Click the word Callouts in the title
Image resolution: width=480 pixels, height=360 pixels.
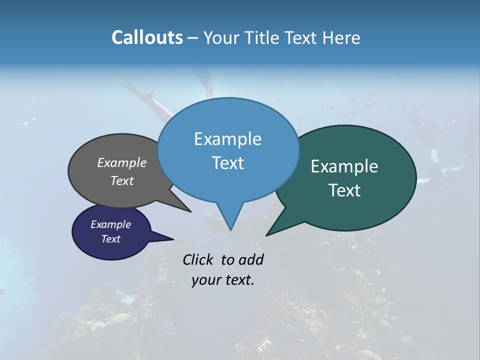click(x=147, y=37)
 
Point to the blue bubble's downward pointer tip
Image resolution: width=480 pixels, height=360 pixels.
click(x=230, y=229)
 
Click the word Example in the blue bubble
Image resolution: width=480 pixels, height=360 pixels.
click(x=227, y=139)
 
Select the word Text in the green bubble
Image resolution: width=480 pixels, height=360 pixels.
click(x=345, y=190)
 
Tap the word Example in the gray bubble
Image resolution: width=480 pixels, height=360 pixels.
click(x=121, y=162)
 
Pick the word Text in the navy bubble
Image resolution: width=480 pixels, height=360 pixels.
click(x=111, y=239)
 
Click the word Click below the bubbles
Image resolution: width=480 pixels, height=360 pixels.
click(x=199, y=259)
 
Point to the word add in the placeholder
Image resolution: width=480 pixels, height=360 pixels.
click(x=251, y=259)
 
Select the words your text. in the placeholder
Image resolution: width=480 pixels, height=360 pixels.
click(x=223, y=280)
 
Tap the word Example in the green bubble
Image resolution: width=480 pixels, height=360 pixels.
click(x=344, y=166)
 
